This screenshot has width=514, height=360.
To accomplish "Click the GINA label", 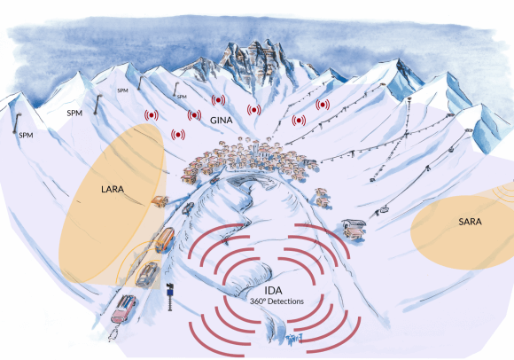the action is [222, 121].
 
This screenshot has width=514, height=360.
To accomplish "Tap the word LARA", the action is [113, 189].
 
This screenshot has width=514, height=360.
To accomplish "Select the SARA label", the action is [470, 222].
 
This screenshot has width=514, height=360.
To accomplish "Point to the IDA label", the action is [273, 291].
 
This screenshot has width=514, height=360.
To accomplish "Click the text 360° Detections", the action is [277, 301].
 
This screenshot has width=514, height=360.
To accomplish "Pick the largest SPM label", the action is [74, 113].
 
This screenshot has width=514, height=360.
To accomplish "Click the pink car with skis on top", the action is [123, 309].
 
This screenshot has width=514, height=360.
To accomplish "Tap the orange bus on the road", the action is [165, 239].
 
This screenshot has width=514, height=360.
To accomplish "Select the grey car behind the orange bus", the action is [147, 274].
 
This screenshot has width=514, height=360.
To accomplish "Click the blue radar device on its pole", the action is [170, 297].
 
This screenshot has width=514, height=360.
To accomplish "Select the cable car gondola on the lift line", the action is [385, 209].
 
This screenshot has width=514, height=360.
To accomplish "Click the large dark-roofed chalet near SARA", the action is [353, 228].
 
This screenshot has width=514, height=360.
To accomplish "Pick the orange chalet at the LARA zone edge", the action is [160, 201].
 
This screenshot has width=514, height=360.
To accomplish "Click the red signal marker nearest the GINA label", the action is [194, 115].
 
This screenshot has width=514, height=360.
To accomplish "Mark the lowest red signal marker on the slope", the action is [178, 135].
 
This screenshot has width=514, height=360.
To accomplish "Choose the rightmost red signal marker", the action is [323, 105].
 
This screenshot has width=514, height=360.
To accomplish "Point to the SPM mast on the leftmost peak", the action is [16, 123].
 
